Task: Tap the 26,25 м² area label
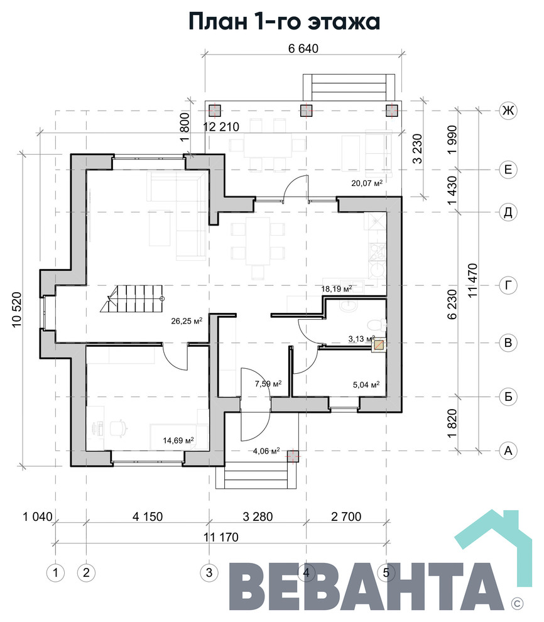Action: [187, 320]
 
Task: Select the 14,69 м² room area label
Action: [178, 440]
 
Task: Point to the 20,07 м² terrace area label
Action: [367, 183]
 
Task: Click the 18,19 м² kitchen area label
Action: [336, 288]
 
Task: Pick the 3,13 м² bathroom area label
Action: [361, 339]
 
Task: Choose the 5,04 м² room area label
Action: [366, 385]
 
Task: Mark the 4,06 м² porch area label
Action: [266, 450]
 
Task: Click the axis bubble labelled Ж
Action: [508, 110]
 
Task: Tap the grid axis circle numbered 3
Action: [209, 572]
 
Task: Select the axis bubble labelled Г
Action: [508, 285]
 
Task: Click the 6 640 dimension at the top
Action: [303, 48]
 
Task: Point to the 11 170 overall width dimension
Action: [221, 537]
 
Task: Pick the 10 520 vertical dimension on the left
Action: [16, 310]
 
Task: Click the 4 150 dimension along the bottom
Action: [148, 516]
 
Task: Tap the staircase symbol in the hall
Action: [131, 298]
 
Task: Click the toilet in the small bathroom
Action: [376, 325]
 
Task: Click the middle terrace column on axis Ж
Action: [306, 111]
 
